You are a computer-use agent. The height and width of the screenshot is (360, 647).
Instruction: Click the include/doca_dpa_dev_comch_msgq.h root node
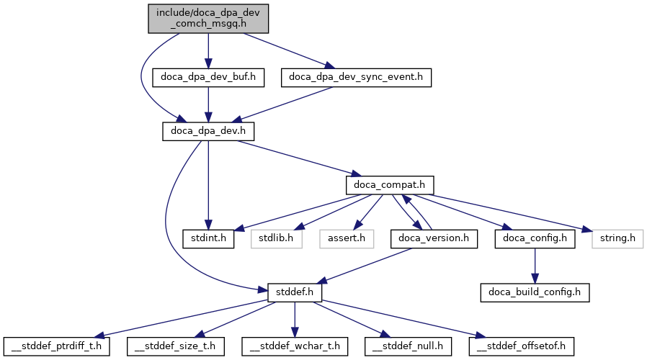[208, 17]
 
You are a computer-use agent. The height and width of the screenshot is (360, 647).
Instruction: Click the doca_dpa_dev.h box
[208, 131]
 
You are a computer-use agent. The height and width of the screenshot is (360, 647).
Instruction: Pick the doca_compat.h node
[390, 185]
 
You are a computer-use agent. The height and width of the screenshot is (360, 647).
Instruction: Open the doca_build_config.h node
[535, 293]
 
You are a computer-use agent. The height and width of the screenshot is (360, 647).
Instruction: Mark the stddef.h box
[295, 293]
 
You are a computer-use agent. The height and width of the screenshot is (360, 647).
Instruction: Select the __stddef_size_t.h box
[177, 347]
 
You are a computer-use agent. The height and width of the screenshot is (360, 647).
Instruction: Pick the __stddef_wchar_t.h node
[295, 347]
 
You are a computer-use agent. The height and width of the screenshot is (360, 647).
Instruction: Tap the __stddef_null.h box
[408, 347]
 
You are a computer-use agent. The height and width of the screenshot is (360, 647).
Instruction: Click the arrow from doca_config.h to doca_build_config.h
[535, 266]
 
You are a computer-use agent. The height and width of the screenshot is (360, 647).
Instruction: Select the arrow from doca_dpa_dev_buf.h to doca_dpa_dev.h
[208, 104]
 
